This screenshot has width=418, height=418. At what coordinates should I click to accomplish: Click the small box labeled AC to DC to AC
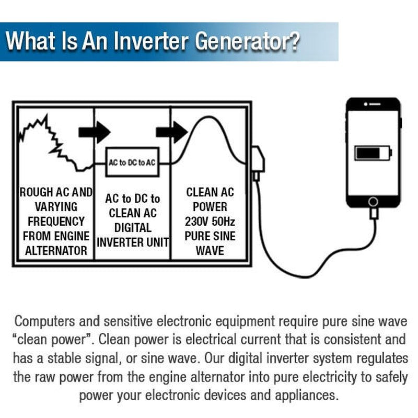[x=132, y=162]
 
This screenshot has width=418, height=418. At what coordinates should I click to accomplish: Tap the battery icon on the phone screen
[x=373, y=153]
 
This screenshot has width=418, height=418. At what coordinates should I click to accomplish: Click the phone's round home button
[x=373, y=201]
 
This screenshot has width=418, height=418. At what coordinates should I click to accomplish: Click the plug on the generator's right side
[x=258, y=162]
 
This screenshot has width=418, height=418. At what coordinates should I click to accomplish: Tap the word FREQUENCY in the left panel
[x=56, y=221]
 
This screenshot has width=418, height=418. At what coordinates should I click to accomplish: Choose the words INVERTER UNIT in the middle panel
[x=133, y=242]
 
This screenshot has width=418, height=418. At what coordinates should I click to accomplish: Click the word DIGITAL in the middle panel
[x=133, y=228]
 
